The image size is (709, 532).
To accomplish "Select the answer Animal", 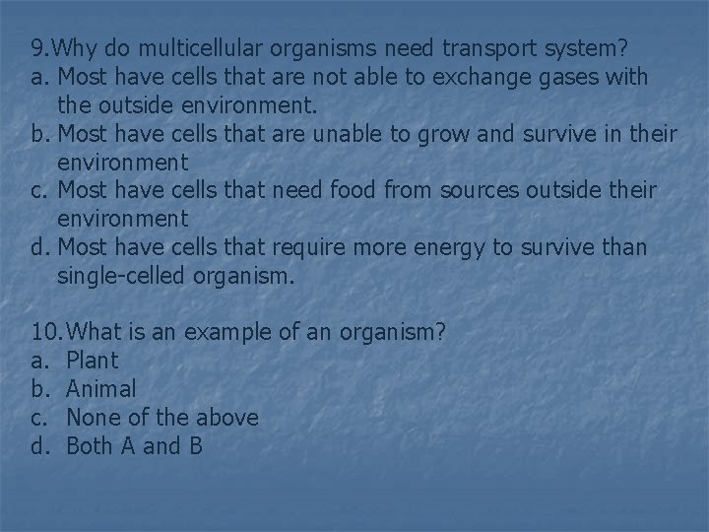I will pos(101,389).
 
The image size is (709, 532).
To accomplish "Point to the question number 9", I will pos(37,47).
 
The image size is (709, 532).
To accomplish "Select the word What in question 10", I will pos(99,333).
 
